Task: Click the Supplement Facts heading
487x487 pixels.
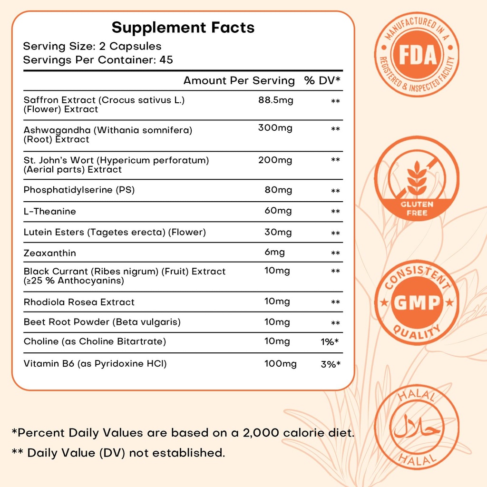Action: tap(183, 28)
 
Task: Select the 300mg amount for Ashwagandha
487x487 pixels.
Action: tap(275, 128)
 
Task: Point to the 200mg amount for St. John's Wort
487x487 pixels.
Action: tap(275, 160)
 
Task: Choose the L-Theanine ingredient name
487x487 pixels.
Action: tap(50, 211)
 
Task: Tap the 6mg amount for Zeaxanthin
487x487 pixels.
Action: tap(274, 253)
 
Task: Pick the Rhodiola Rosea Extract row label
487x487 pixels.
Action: tap(79, 302)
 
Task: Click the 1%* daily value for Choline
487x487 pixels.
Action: tap(330, 342)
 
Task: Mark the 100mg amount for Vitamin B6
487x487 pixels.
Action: tap(280, 364)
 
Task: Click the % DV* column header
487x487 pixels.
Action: tap(322, 81)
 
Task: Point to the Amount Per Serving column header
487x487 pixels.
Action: tap(239, 81)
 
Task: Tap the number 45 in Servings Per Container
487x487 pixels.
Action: tap(166, 60)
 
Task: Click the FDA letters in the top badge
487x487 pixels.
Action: tap(417, 55)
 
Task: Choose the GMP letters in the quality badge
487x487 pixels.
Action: tap(417, 302)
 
